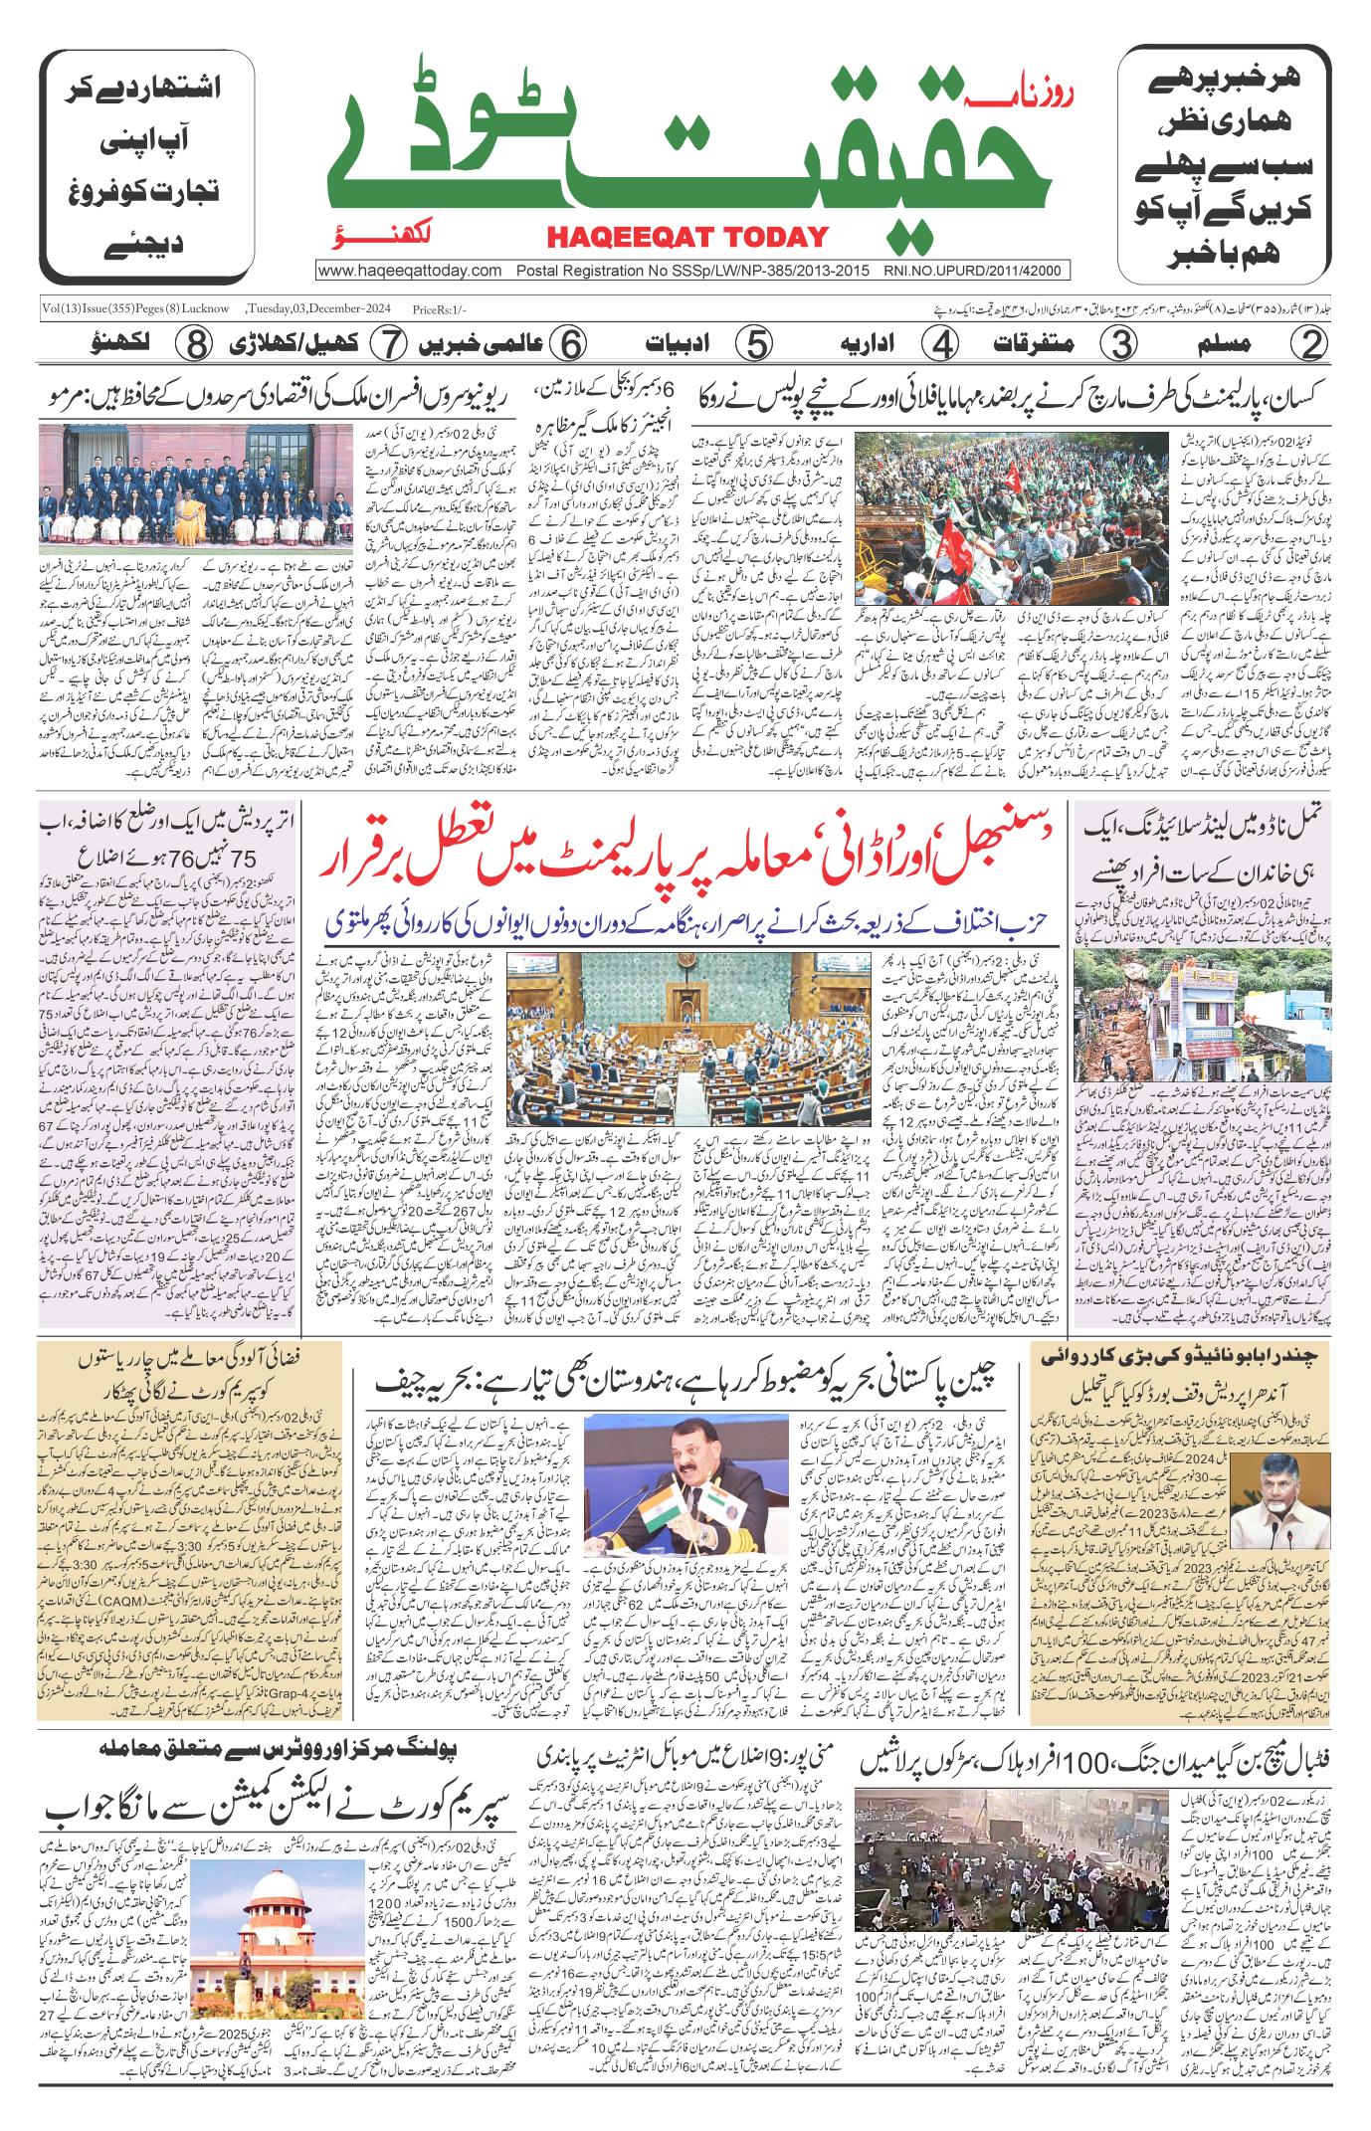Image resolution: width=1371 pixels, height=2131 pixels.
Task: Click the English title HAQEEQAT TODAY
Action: [686, 237]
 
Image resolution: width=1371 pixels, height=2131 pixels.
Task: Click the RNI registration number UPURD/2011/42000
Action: [973, 271]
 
